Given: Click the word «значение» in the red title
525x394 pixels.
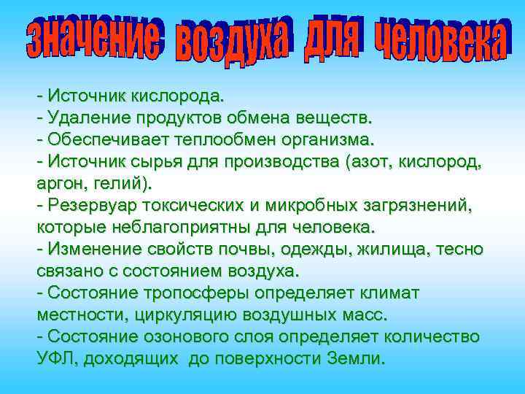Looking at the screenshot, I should click(93, 38).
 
